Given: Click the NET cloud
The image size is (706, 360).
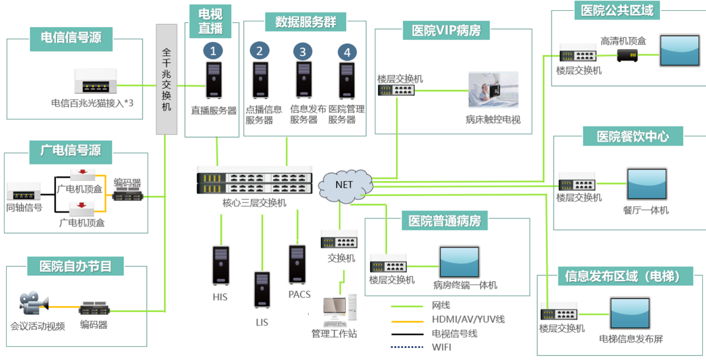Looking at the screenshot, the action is tap(346, 186).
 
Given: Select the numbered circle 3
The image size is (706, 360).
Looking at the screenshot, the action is tap(302, 52).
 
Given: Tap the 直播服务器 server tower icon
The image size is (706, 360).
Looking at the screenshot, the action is tap(214, 80).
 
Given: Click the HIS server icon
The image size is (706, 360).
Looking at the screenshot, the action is tap(221, 265).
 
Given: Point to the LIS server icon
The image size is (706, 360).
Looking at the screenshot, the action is tap(262, 290).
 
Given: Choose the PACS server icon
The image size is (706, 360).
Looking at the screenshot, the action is tap(297, 264).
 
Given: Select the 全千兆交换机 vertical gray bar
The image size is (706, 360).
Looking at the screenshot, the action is tap(166, 80).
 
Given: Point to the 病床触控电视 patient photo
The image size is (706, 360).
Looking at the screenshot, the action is tap(493, 90).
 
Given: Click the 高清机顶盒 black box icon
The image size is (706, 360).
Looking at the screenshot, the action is tap(627, 55).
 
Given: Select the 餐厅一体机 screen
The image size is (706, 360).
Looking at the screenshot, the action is tap(647, 184).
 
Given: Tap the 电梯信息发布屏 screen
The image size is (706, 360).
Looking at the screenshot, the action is tap(630, 313).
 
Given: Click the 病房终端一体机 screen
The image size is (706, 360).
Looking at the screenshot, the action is tap(459, 262).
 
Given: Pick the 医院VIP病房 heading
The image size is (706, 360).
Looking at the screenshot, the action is tap(446, 30).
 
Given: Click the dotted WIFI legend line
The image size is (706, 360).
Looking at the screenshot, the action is tap(407, 347).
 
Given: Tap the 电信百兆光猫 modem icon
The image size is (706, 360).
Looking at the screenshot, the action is tap(96, 81).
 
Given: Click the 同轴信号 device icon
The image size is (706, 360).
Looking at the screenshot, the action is tap(24, 191).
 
